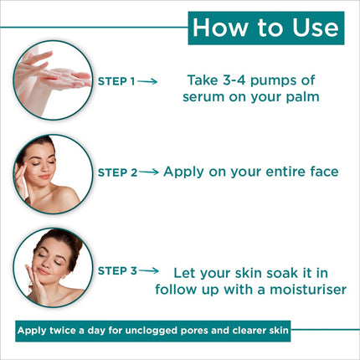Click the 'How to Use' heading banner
tap(265, 28)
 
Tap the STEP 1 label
tap(116, 81)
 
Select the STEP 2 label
tap(117, 172)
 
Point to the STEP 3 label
tap(116, 270)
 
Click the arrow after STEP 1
tap(147, 81)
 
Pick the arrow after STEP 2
tap(148, 172)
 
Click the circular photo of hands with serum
tap(53, 79)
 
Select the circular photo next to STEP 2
tap(53, 173)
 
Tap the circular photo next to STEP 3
tap(53, 268)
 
